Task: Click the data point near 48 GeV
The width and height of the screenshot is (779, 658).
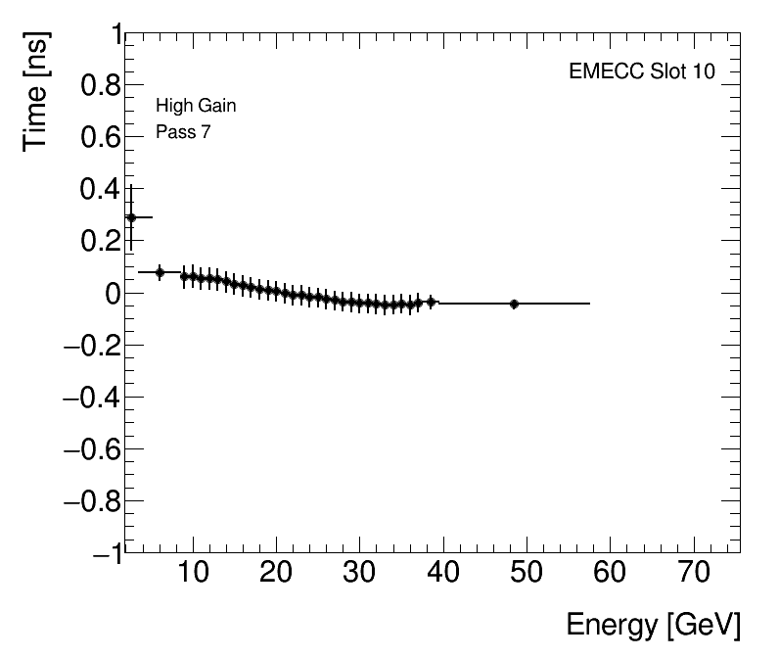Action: [x=514, y=304]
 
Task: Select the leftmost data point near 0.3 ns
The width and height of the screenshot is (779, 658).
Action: [x=131, y=217]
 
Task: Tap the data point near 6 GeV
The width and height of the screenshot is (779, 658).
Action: [x=160, y=272]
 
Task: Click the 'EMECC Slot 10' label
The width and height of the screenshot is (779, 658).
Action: [x=642, y=72]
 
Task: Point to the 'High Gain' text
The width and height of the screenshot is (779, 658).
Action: [x=196, y=106]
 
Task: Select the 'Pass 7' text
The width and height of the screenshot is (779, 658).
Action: [x=183, y=132]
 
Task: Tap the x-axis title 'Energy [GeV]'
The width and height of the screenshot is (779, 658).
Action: [x=653, y=625]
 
